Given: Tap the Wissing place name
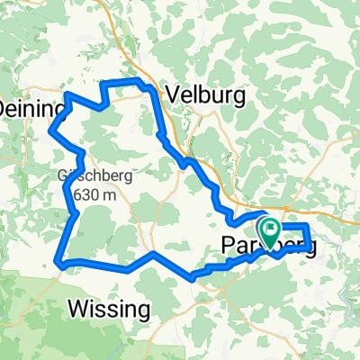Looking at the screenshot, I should [109, 310].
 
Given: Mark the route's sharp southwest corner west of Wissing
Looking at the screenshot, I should [59, 263].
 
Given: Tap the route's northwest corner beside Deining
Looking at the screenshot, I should [68, 94].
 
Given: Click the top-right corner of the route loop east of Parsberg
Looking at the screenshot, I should [309, 224].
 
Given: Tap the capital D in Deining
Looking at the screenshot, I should [3, 108].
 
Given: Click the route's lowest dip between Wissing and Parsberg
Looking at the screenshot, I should [193, 279].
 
